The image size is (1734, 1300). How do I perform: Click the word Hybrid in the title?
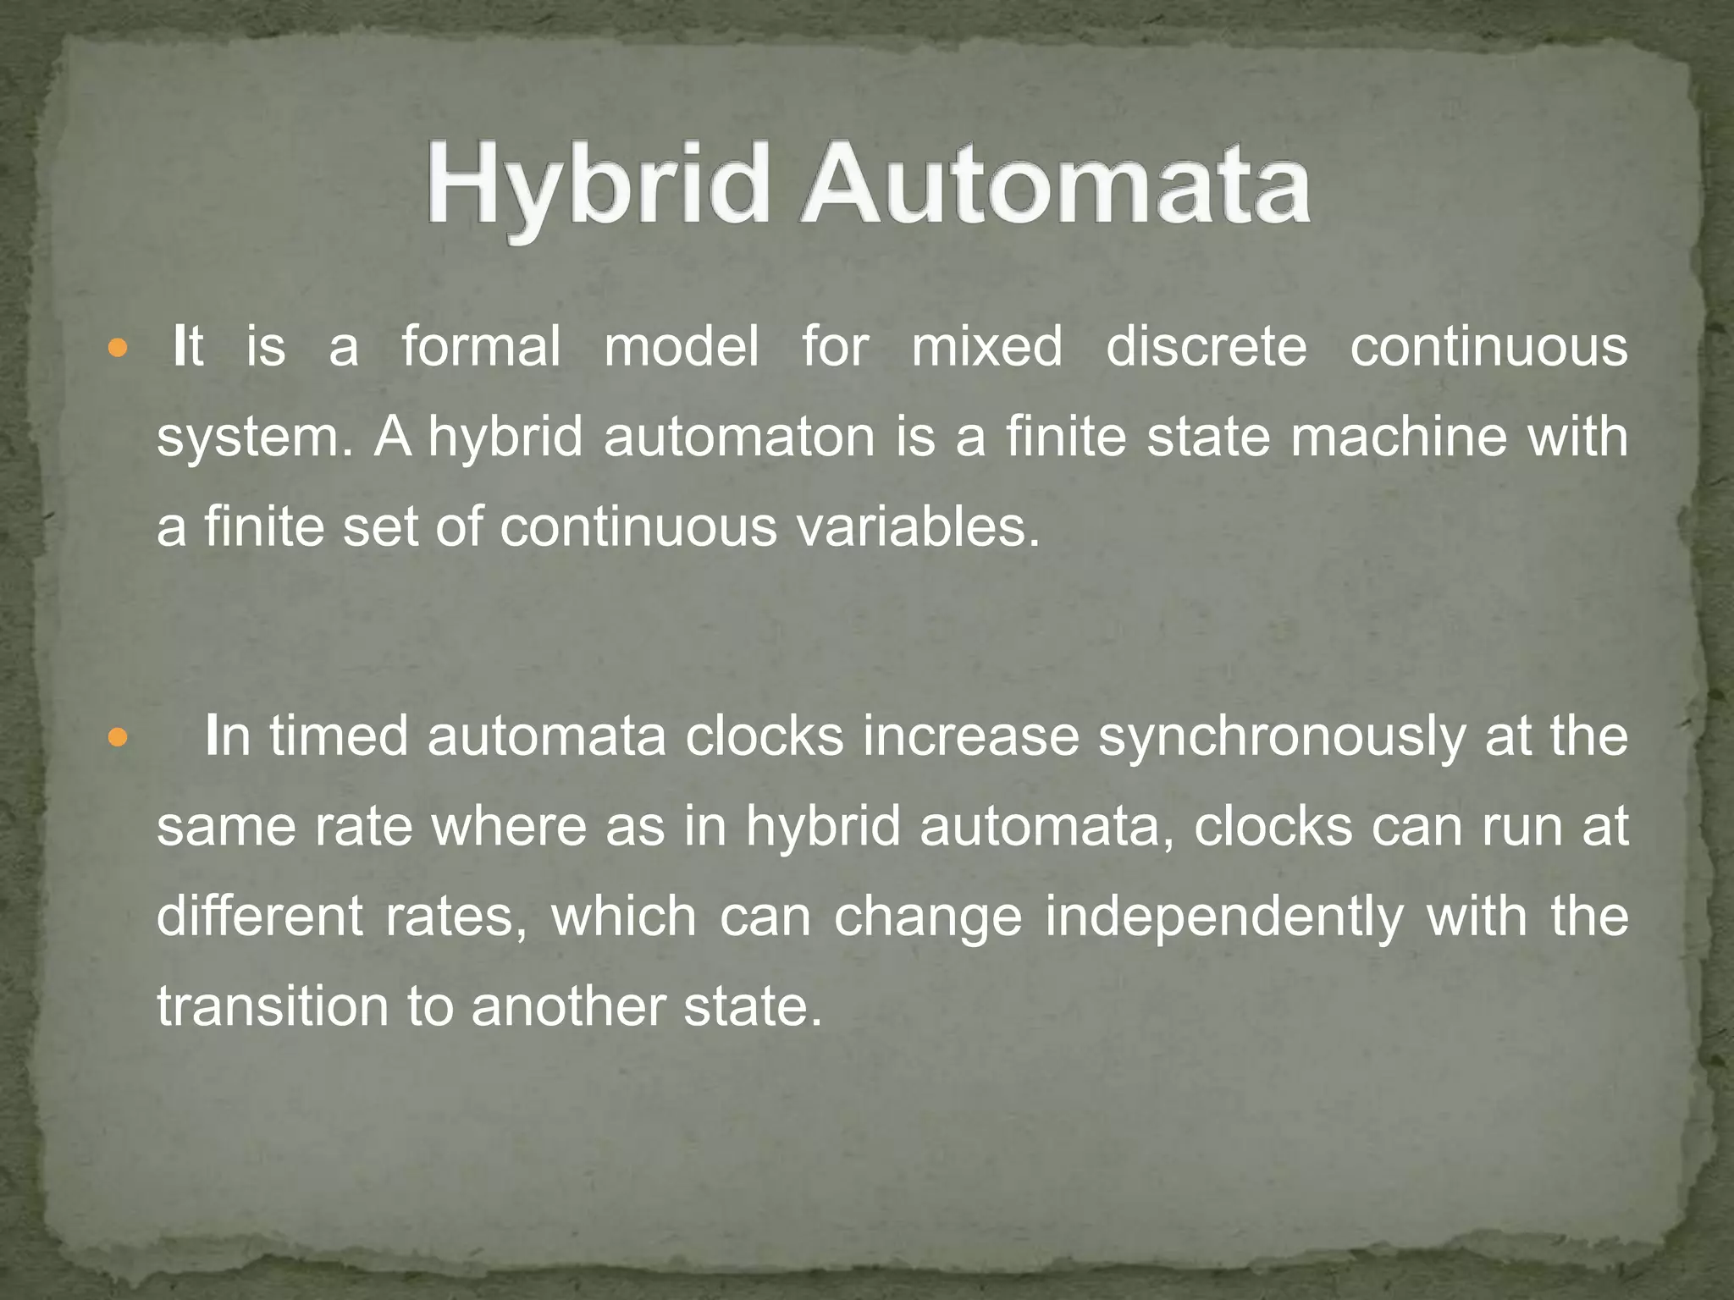click(x=597, y=186)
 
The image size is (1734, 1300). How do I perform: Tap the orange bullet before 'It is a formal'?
click(x=118, y=348)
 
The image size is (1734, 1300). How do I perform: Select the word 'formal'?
click(x=481, y=347)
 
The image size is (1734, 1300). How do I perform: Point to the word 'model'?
click(x=682, y=347)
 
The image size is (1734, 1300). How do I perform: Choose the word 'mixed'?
click(x=986, y=347)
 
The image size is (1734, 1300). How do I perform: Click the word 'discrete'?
click(x=1206, y=347)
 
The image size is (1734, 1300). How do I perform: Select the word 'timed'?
click(x=339, y=735)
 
